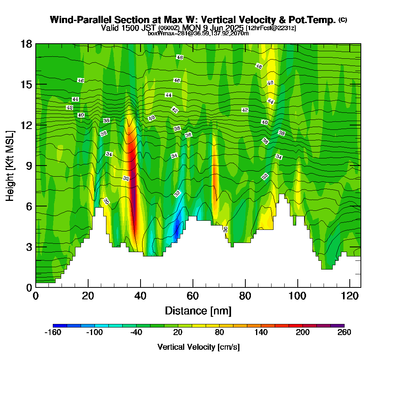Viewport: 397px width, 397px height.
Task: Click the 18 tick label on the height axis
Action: (x=26, y=44)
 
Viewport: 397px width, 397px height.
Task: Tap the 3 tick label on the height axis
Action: (x=29, y=247)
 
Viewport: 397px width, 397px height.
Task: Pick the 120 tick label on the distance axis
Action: (x=350, y=296)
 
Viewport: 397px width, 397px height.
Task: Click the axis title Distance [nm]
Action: (x=198, y=310)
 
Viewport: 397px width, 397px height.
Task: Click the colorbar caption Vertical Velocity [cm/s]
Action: (x=198, y=347)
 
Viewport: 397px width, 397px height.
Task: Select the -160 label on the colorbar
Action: (x=53, y=333)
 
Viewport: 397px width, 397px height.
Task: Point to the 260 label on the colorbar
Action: (x=344, y=333)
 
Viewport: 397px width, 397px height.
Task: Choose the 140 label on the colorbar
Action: (x=261, y=333)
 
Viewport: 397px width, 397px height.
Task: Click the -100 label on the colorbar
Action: (x=94, y=333)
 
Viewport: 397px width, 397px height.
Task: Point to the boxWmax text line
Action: (x=198, y=33)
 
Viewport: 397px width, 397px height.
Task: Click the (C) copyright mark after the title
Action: (x=343, y=20)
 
